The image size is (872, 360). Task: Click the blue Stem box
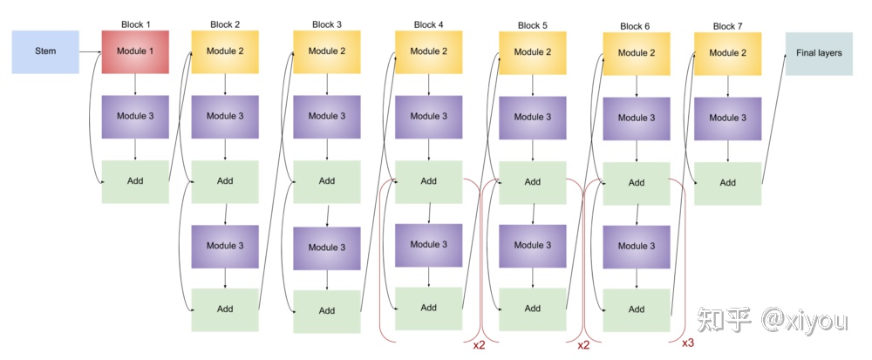click(45, 51)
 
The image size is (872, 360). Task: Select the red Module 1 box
click(135, 51)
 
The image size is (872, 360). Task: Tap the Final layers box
click(819, 53)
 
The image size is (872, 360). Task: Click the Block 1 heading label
click(136, 24)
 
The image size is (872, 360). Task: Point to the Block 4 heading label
click(429, 24)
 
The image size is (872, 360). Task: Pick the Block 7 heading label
click(728, 26)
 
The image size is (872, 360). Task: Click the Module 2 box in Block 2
click(225, 51)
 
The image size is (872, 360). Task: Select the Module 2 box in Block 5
click(532, 52)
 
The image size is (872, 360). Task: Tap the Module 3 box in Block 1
click(135, 117)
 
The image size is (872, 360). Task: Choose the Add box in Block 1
click(135, 181)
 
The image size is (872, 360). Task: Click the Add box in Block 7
click(727, 183)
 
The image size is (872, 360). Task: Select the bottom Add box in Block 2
click(225, 309)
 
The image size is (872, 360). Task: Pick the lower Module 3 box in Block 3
click(326, 248)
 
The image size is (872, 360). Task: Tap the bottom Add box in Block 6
click(637, 309)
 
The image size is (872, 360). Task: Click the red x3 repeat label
click(687, 343)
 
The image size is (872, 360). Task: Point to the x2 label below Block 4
click(480, 345)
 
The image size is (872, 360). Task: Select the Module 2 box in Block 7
click(728, 53)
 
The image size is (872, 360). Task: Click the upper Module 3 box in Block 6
click(637, 118)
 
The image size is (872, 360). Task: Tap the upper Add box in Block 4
click(428, 181)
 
